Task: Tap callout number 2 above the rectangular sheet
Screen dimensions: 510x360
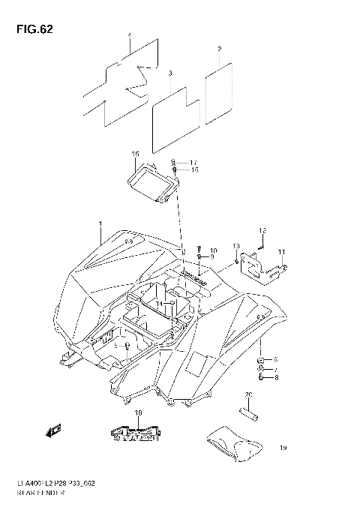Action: pyautogui.click(x=219, y=49)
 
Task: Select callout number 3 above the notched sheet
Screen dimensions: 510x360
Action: pyautogui.click(x=170, y=73)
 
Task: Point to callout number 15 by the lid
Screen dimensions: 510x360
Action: pyautogui.click(x=135, y=154)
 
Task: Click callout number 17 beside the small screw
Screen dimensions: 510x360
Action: pyautogui.click(x=193, y=163)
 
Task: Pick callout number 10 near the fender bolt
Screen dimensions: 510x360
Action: pyautogui.click(x=213, y=250)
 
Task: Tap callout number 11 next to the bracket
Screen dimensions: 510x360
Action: pyautogui.click(x=282, y=251)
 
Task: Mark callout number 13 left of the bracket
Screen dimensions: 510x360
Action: pyautogui.click(x=235, y=247)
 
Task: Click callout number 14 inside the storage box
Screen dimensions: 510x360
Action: pyautogui.click(x=169, y=303)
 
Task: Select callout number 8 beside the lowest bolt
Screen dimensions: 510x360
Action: pyautogui.click(x=275, y=378)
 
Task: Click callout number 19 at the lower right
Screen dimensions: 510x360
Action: pyautogui.click(x=283, y=448)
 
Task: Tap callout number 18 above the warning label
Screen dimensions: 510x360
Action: pyautogui.click(x=138, y=413)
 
